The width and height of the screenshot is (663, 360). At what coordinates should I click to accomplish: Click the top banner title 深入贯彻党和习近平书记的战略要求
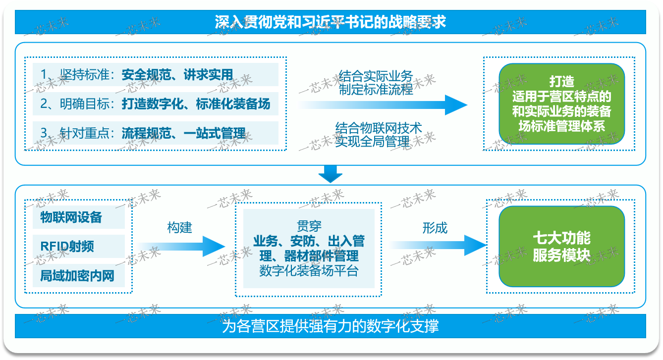click(331, 22)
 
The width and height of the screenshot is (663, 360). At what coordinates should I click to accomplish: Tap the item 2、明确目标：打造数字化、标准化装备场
click(155, 104)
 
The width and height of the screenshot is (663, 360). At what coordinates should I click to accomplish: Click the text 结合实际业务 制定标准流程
click(376, 83)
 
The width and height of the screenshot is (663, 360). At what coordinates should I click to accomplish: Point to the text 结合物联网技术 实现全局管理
click(379, 135)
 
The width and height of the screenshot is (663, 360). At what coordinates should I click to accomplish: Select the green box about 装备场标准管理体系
click(561, 103)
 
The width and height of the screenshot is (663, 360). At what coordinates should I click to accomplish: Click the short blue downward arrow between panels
click(331, 174)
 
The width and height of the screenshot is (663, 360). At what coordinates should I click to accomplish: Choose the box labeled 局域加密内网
click(77, 275)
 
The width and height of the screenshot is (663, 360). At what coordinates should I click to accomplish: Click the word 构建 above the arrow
click(179, 228)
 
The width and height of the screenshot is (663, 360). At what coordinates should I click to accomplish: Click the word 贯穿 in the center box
click(309, 227)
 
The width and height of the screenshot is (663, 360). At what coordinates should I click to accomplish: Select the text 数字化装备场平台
click(309, 270)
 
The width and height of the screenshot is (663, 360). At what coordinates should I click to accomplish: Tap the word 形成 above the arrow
click(435, 228)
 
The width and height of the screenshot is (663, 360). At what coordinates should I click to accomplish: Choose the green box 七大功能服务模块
click(561, 247)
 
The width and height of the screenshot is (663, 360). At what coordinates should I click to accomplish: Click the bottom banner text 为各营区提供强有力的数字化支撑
click(331, 326)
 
